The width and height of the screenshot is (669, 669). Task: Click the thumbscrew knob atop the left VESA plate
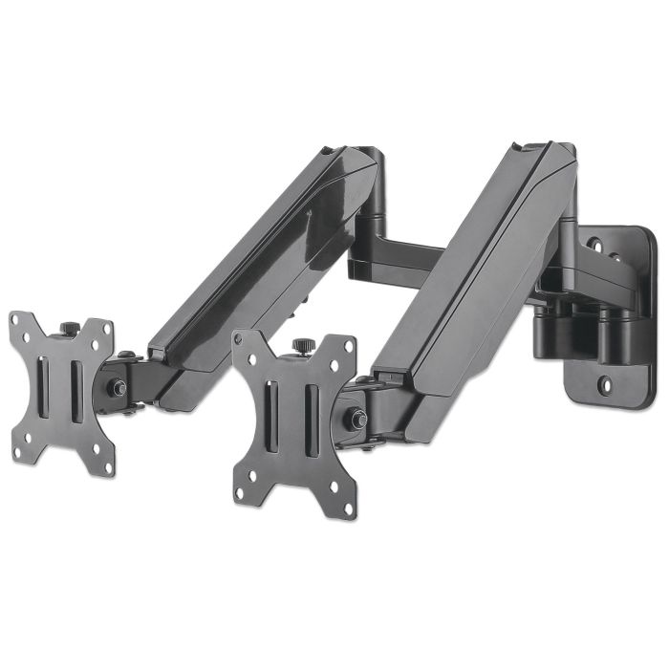(x=70, y=329)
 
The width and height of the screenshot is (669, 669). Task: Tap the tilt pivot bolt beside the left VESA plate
(x=119, y=388)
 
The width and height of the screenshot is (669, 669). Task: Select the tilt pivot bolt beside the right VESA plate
(x=358, y=419)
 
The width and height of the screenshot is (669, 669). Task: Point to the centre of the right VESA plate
(x=292, y=425)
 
